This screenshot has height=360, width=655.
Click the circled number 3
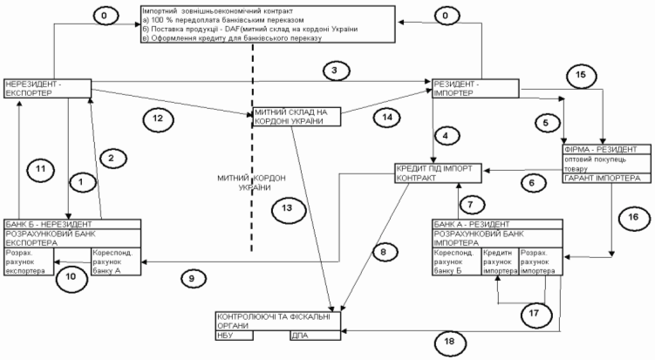pos(331,69)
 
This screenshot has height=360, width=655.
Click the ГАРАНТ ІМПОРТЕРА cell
pos(596,179)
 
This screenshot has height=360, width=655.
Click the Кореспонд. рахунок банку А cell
pos(113,261)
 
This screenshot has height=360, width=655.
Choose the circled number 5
pos(544,123)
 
